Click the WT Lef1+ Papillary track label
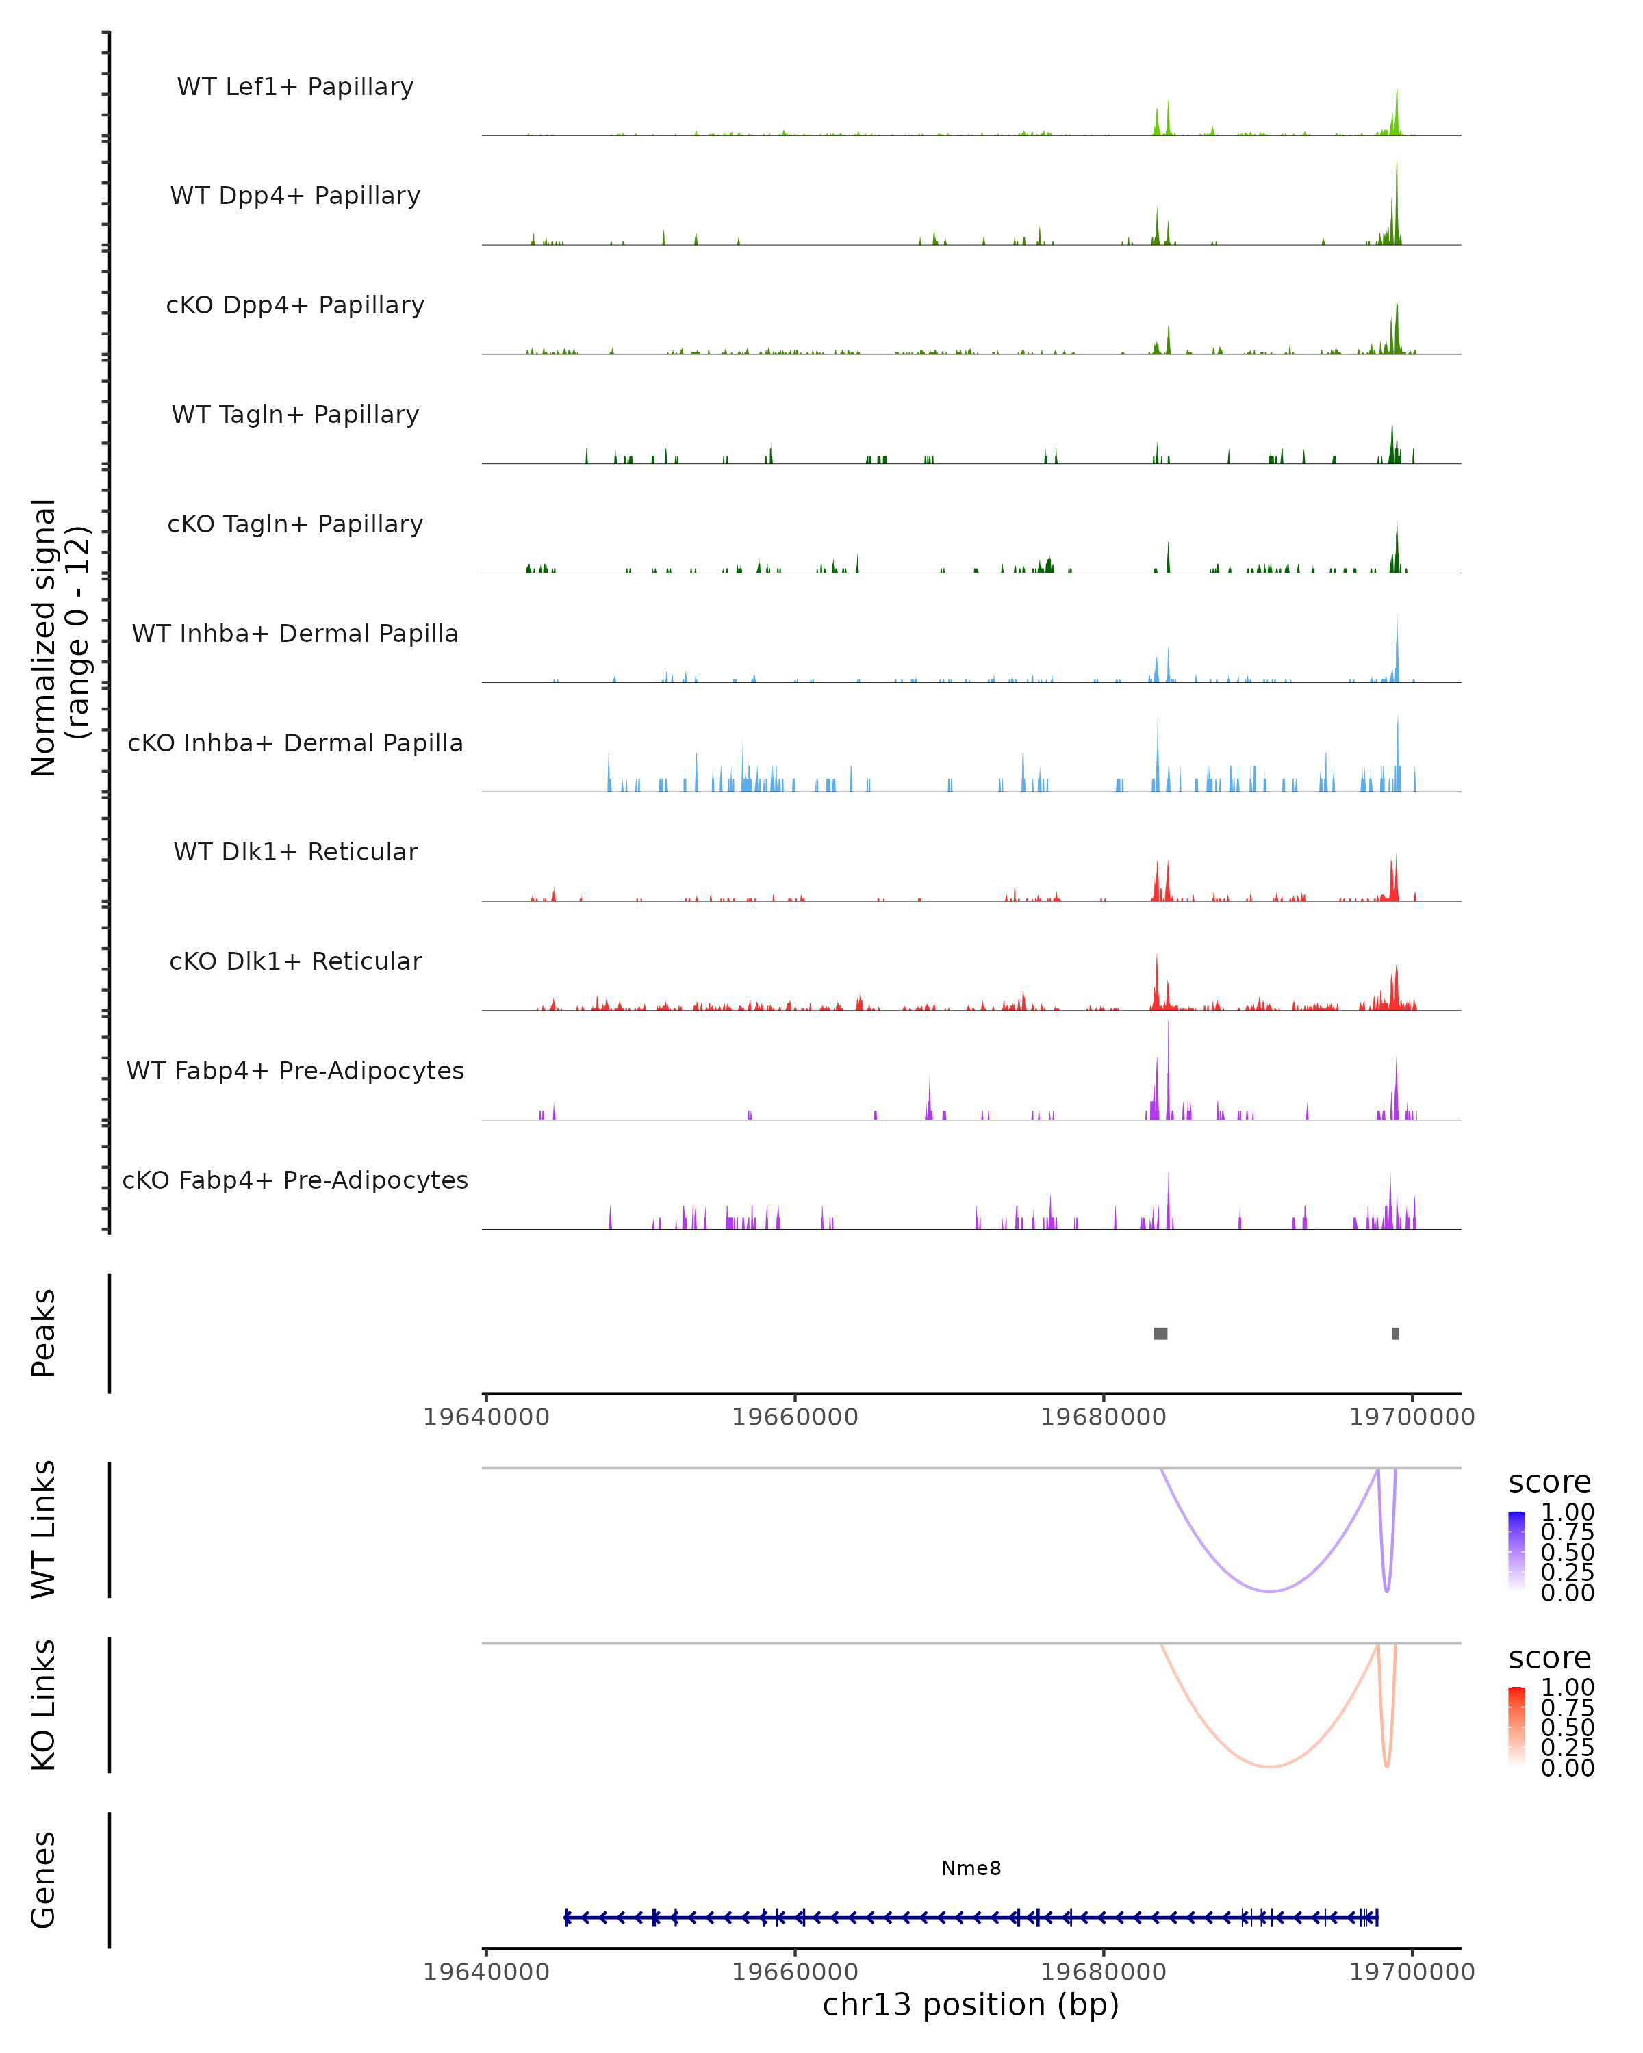coord(295,87)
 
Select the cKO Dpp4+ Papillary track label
coord(295,305)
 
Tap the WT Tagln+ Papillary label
coord(295,414)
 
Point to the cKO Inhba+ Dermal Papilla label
coord(295,743)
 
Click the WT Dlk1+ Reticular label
coord(295,851)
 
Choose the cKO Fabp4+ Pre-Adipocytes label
coord(295,1180)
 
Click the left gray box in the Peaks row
coord(1160,1333)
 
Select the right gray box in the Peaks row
coord(1395,1333)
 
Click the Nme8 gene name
coord(971,1868)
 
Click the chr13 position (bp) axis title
coord(971,2005)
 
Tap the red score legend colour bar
coord(1516,1727)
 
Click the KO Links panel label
coord(44,1705)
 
